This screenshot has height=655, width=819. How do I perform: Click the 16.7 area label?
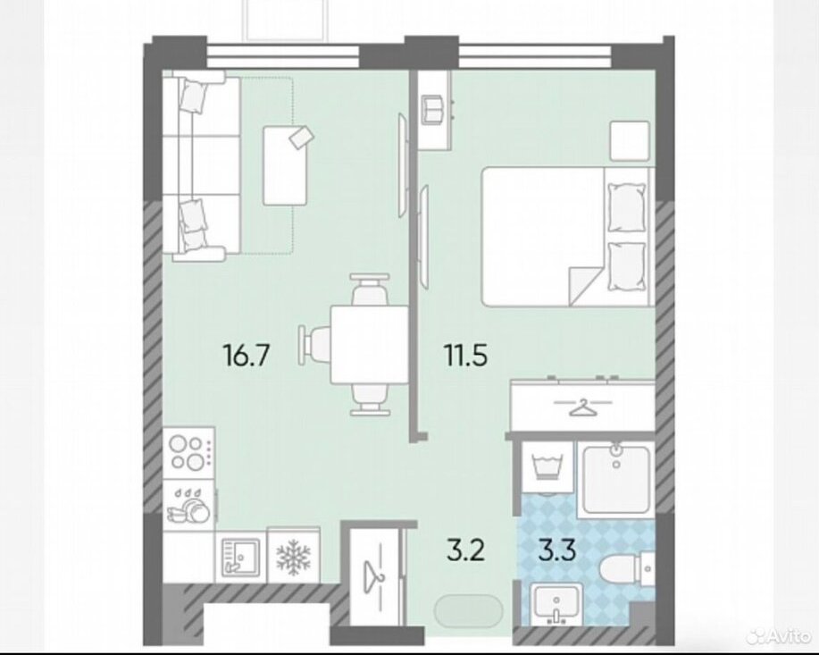point(246,356)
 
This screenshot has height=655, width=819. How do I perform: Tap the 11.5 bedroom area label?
point(465,356)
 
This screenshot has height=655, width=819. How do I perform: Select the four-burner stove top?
point(188,453)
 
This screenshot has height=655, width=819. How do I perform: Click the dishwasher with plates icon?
point(188,506)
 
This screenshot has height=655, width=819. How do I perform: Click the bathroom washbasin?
point(556,605)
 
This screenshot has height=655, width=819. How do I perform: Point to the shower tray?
point(616,478)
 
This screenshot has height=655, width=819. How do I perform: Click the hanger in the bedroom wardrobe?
point(583,407)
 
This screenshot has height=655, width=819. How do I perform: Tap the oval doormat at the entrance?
point(469,609)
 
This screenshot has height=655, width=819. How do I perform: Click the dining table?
point(369,345)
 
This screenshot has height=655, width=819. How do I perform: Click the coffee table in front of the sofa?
point(285,165)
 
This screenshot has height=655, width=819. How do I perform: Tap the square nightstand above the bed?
point(631,141)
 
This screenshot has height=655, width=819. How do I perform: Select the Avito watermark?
point(778,637)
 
